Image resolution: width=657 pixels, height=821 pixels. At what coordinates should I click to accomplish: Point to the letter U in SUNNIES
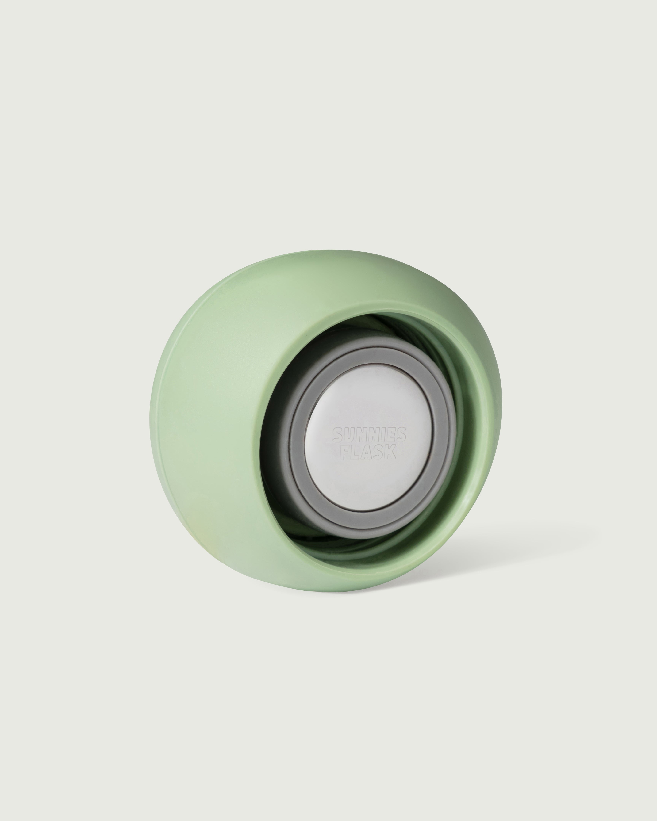[x=349, y=434]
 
